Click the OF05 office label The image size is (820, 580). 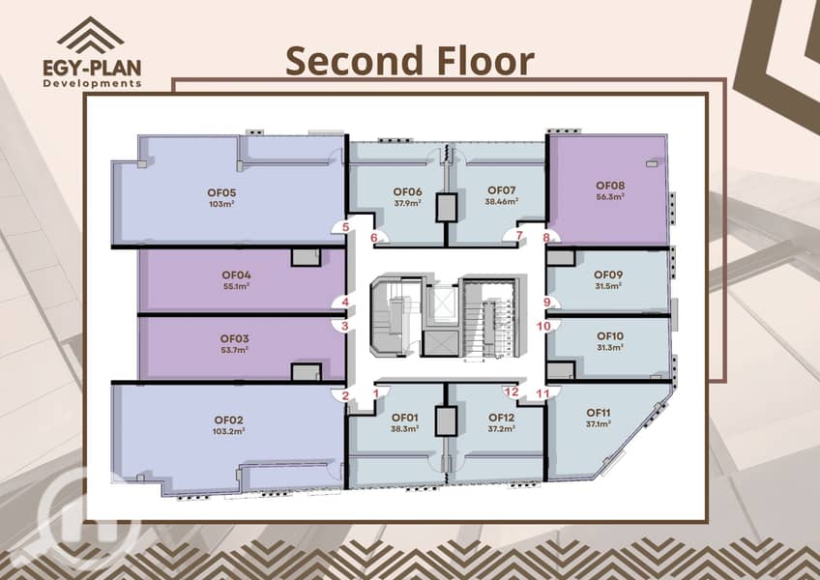[221, 192]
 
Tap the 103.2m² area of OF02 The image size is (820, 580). [229, 431]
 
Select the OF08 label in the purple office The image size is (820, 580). [610, 186]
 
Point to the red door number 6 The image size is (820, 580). [374, 238]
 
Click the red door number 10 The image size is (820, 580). [543, 327]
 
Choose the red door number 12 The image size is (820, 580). [512, 391]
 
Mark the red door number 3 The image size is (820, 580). [344, 327]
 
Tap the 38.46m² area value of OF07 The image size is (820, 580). [502, 201]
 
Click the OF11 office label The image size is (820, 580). [599, 413]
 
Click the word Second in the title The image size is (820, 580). [355, 61]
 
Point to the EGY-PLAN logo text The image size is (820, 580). [92, 68]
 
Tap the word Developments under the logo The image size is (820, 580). [92, 83]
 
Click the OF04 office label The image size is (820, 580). [236, 275]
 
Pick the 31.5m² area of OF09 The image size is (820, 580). [607, 286]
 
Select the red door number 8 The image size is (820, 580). [546, 238]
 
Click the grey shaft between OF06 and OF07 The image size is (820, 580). [446, 208]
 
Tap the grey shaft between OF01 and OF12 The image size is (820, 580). [446, 421]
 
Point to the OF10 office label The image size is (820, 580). [610, 336]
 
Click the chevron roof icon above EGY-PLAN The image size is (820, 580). [91, 36]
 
